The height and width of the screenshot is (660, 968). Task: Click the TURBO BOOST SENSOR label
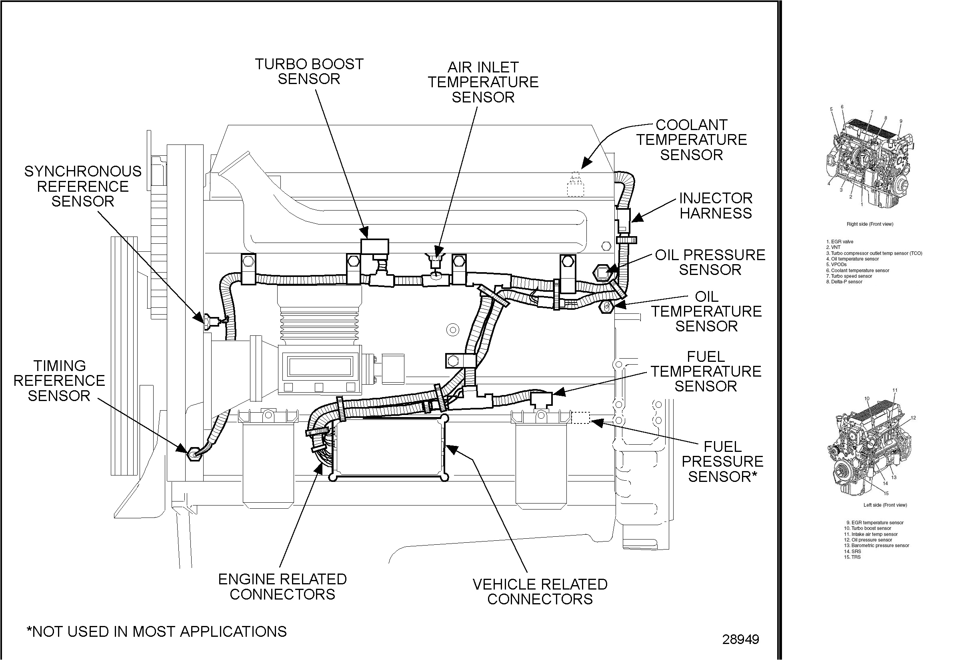[x=309, y=72]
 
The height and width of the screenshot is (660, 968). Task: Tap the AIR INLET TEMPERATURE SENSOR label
[x=483, y=82]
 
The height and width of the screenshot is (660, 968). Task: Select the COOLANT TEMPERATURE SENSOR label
[x=692, y=140]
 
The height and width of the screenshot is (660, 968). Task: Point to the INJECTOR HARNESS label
[x=716, y=205]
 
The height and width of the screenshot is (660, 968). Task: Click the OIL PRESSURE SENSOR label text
[x=710, y=262]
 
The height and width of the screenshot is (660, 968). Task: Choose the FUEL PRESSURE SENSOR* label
[x=722, y=461]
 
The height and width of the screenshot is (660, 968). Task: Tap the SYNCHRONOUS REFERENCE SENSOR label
[x=82, y=186]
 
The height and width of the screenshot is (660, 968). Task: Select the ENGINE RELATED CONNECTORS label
[x=282, y=586]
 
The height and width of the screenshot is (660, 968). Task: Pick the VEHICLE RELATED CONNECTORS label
[x=540, y=591]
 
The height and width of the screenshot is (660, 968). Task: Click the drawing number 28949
[x=740, y=639]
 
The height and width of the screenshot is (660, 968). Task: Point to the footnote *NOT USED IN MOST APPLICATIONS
[x=157, y=631]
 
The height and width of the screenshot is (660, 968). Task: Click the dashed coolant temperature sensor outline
[x=575, y=185]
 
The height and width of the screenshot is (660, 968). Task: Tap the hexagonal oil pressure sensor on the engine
[x=602, y=272]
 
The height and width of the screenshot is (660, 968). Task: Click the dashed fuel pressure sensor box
[x=581, y=417]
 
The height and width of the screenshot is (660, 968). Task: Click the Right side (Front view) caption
[x=870, y=224]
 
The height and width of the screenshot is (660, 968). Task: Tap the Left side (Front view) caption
[x=885, y=505]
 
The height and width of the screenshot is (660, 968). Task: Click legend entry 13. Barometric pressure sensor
[x=876, y=546]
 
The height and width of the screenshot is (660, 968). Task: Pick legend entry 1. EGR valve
[x=840, y=242]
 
